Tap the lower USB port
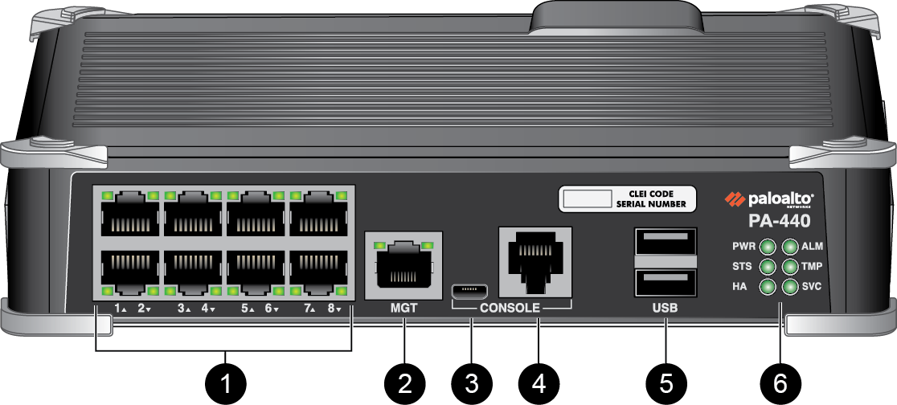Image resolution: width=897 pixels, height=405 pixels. coord(666,283)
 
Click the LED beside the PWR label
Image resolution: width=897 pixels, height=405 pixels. coord(768,247)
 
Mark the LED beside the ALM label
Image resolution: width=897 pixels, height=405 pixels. coord(790,247)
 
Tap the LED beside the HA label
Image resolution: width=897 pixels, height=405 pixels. coord(768,286)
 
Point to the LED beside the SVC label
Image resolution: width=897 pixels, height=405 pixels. coord(790,286)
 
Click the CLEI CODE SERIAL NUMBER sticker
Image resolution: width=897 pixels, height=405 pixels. coord(626,198)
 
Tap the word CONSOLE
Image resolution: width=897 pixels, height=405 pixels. coord(511,307)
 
